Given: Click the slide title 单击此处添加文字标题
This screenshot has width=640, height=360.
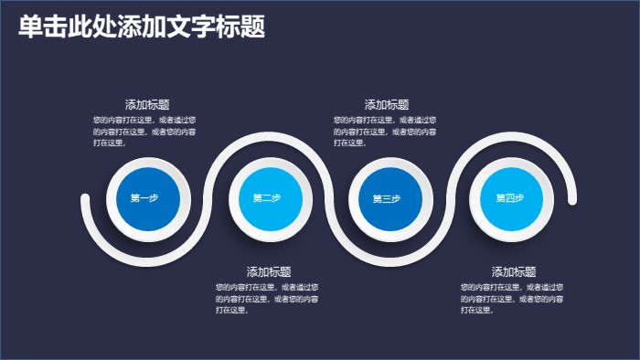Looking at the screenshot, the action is (x=142, y=27).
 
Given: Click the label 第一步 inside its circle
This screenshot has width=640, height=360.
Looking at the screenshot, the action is (x=144, y=198).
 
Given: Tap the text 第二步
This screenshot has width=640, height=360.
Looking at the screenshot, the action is (x=267, y=198).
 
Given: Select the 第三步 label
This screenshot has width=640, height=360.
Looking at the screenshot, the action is (x=387, y=198).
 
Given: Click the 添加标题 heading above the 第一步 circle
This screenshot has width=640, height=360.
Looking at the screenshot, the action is (x=147, y=105).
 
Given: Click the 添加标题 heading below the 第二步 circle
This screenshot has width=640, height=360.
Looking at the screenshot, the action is (x=269, y=272).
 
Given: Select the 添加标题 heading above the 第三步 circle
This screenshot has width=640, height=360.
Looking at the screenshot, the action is (x=387, y=105).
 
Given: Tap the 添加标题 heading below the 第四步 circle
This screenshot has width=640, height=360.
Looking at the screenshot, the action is (x=514, y=272).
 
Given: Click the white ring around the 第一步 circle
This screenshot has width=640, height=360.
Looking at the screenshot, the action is (x=144, y=161).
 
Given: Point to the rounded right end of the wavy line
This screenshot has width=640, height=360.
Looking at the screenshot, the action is (x=572, y=197).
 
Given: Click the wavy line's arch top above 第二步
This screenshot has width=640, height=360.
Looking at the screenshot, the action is (x=265, y=138).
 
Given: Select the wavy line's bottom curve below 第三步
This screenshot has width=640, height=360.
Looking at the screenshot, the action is (x=387, y=260).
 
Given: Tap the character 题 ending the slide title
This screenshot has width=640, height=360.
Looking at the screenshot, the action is (x=253, y=27).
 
